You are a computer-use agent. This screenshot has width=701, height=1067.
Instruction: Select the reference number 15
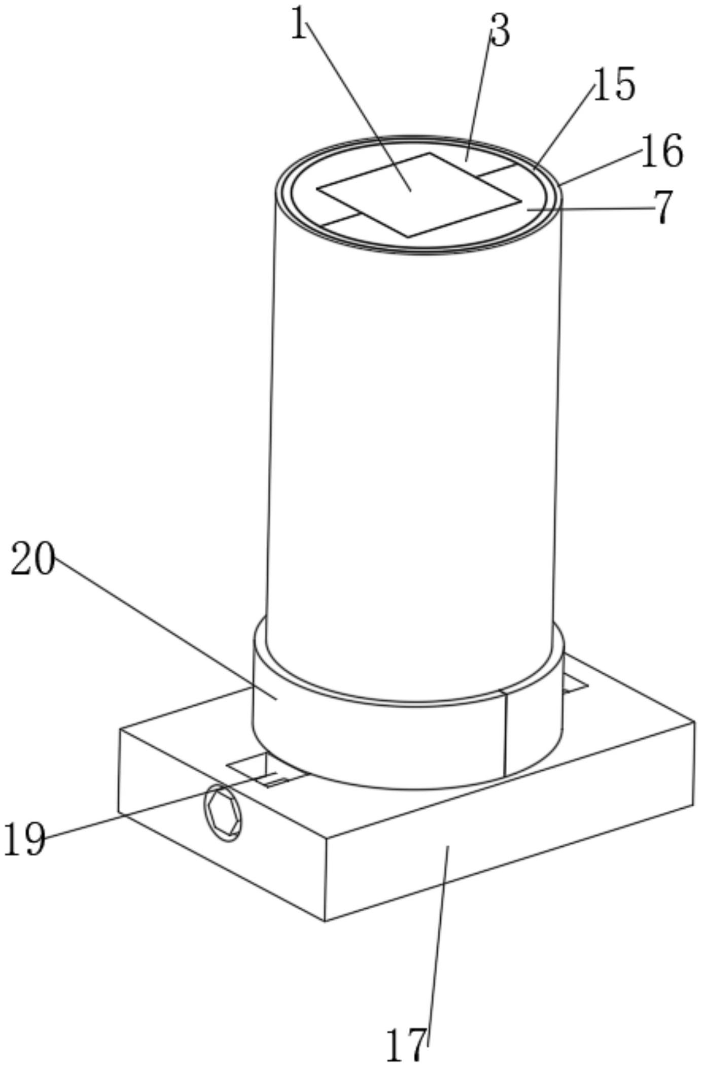pos(613,84)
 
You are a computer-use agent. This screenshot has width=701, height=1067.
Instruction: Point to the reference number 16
pos(662,151)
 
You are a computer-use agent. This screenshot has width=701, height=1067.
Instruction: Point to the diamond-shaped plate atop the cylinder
pos(419,195)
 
